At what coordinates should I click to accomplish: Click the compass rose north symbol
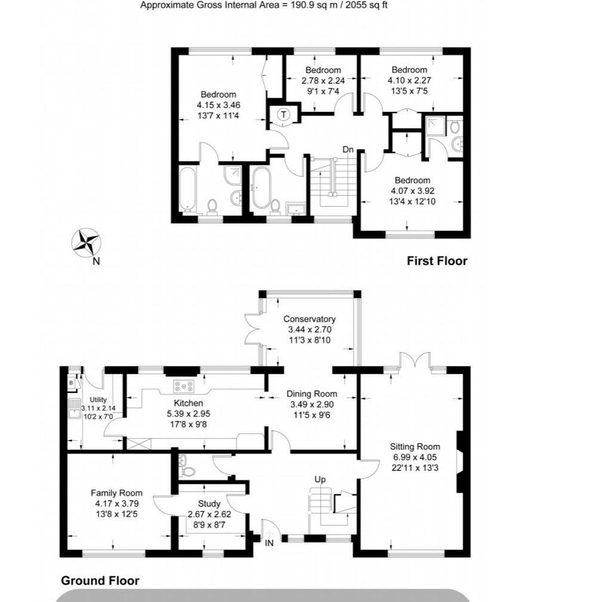[x=87, y=243]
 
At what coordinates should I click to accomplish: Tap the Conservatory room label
[x=309, y=319]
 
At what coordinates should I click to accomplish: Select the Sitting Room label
[x=415, y=447]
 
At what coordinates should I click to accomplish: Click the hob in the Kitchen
[x=184, y=386]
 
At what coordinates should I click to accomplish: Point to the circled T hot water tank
[x=284, y=114]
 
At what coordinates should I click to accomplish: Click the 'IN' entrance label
[x=269, y=543]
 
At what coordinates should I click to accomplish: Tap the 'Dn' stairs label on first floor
[x=348, y=149]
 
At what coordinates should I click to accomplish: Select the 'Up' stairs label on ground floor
[x=320, y=479]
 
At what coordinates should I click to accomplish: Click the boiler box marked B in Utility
[x=71, y=383]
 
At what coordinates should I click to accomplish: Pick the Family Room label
[x=116, y=493]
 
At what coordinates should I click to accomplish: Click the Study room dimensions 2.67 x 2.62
[x=209, y=514]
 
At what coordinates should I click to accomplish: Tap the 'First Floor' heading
[x=437, y=261]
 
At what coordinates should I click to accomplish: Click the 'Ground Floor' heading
[x=100, y=580]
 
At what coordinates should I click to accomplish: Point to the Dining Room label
[x=312, y=394]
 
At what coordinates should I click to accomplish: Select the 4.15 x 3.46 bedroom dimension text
[x=219, y=105]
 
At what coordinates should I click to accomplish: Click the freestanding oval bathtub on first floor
[x=261, y=187]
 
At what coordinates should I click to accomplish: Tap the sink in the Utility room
[x=73, y=409]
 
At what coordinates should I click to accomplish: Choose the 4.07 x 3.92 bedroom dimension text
[x=412, y=191]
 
